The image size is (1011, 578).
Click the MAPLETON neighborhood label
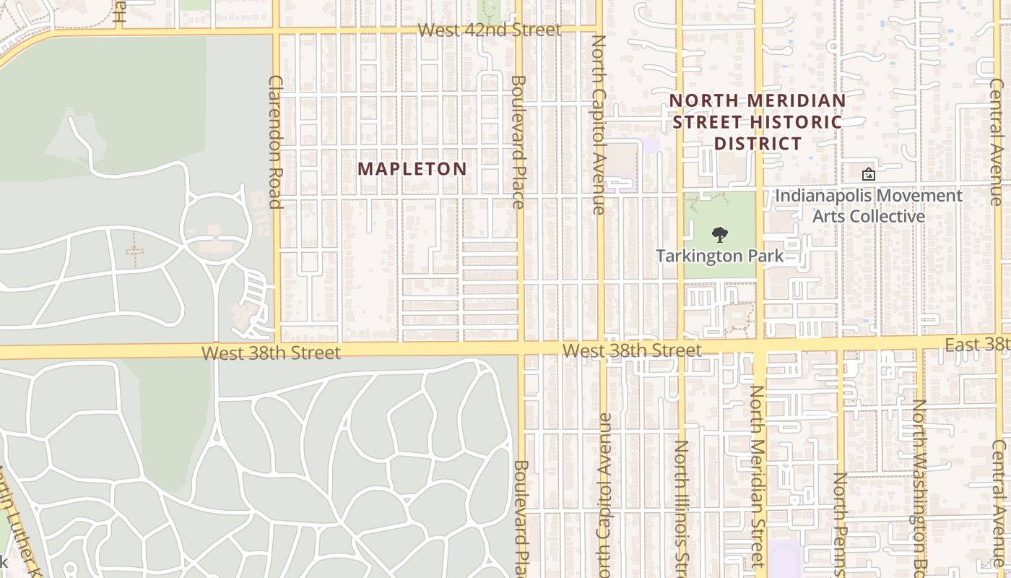(x=412, y=169)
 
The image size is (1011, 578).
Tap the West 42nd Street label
(x=489, y=30)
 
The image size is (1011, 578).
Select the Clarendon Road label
(x=275, y=142)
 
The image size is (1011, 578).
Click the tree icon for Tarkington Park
(x=719, y=235)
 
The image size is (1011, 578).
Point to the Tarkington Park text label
(x=719, y=256)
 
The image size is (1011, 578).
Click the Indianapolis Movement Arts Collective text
(x=868, y=206)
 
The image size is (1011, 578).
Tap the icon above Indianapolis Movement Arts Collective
(x=868, y=174)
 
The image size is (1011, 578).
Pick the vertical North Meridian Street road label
(x=756, y=477)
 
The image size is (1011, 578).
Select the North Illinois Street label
(x=681, y=506)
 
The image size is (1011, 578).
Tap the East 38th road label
(x=976, y=345)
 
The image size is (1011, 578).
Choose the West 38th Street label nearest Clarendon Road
(x=271, y=353)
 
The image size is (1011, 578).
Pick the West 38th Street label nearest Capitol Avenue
(x=632, y=350)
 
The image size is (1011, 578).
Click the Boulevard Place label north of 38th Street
(x=518, y=142)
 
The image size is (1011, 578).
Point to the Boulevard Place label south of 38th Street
(x=520, y=519)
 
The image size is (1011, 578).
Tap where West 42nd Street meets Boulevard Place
(x=518, y=30)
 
